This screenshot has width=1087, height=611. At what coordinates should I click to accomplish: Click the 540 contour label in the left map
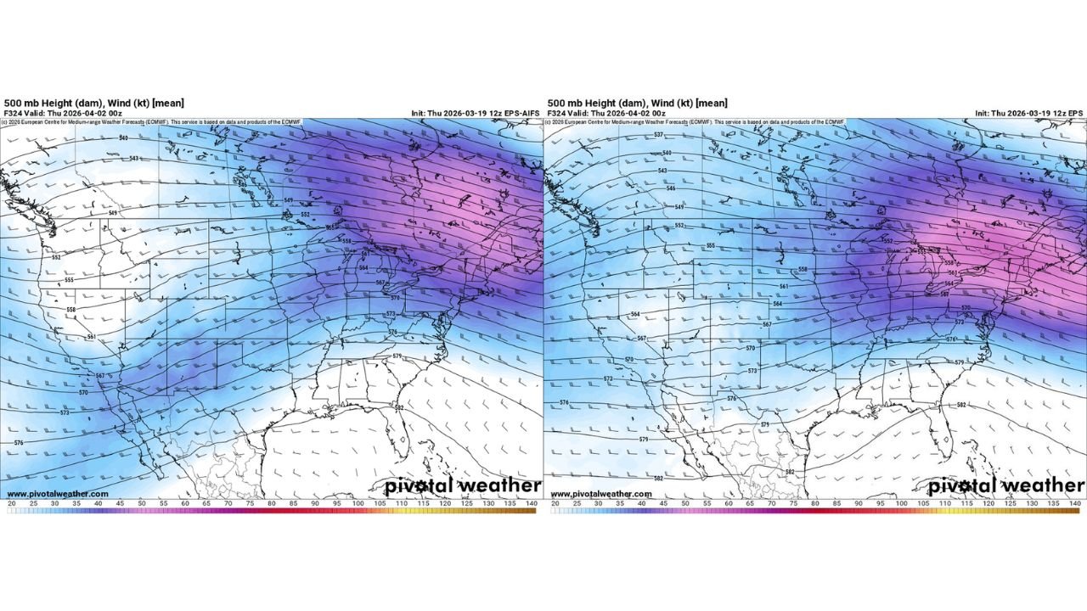pos(124,137)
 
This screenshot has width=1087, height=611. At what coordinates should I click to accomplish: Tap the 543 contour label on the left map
pos(134,159)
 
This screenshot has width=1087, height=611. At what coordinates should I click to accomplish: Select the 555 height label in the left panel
pos(69,279)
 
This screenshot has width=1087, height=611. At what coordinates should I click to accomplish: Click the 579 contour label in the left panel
pos(397,356)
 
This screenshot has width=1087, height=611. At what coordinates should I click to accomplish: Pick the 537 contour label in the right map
pos(657,135)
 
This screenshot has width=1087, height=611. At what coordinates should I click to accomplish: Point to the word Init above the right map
pos(983,113)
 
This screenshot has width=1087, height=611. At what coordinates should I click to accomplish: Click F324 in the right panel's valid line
pos(557,113)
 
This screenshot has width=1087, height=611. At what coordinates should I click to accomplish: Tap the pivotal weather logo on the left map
pos(462,485)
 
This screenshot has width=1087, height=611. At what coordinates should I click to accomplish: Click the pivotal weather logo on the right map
pos(1005,485)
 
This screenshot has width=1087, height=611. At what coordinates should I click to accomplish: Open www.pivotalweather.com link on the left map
pos(58,494)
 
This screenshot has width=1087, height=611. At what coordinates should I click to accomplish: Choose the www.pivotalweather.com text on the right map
pos(601,494)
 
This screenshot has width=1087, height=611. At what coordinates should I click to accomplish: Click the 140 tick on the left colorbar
pos(532,504)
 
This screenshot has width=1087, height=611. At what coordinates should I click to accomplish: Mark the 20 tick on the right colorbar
pos(555,504)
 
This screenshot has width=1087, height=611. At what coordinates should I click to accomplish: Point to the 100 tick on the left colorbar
pos(358,504)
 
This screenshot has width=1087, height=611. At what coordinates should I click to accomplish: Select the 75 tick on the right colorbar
pos(793,504)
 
